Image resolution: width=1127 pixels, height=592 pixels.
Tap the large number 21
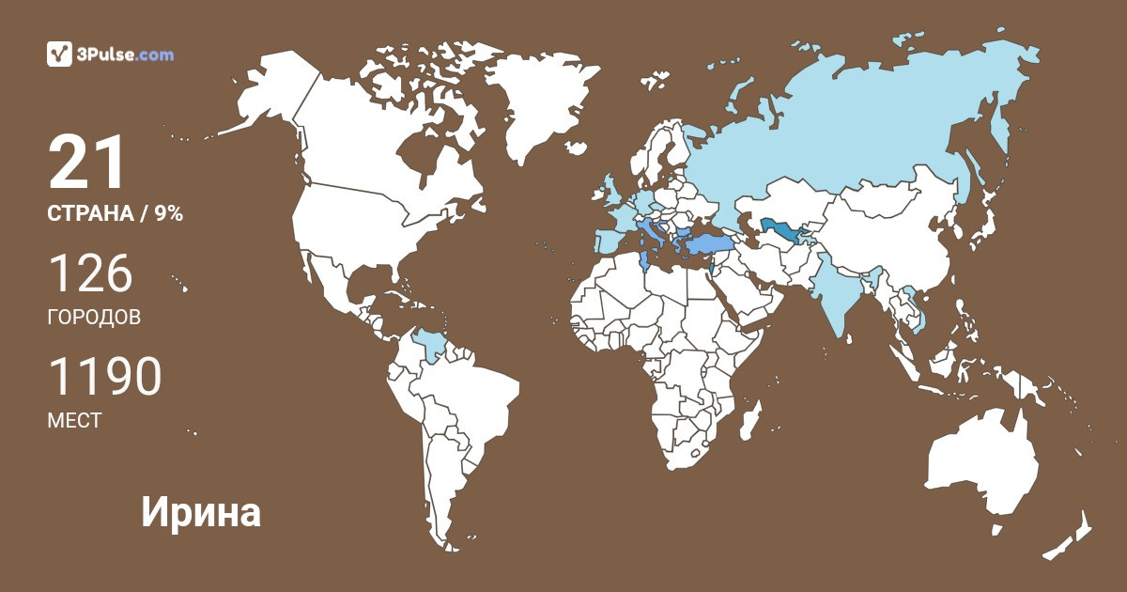pos(86,164)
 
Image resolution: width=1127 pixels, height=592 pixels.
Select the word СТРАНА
pos(90,214)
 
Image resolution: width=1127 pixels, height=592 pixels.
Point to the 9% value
pos(169,214)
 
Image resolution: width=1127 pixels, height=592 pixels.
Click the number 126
pos(90,274)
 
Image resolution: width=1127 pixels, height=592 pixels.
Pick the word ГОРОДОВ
pos(94,318)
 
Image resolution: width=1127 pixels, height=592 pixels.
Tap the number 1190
pos(104,378)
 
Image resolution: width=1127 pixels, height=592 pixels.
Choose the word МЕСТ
pos(74,421)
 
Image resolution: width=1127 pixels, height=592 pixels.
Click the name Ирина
pos(201,513)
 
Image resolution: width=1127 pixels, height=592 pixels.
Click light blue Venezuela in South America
pos(430,345)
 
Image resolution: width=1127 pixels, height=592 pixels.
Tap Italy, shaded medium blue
pos(650,231)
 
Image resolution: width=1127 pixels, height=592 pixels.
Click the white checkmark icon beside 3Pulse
pos(59,55)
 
